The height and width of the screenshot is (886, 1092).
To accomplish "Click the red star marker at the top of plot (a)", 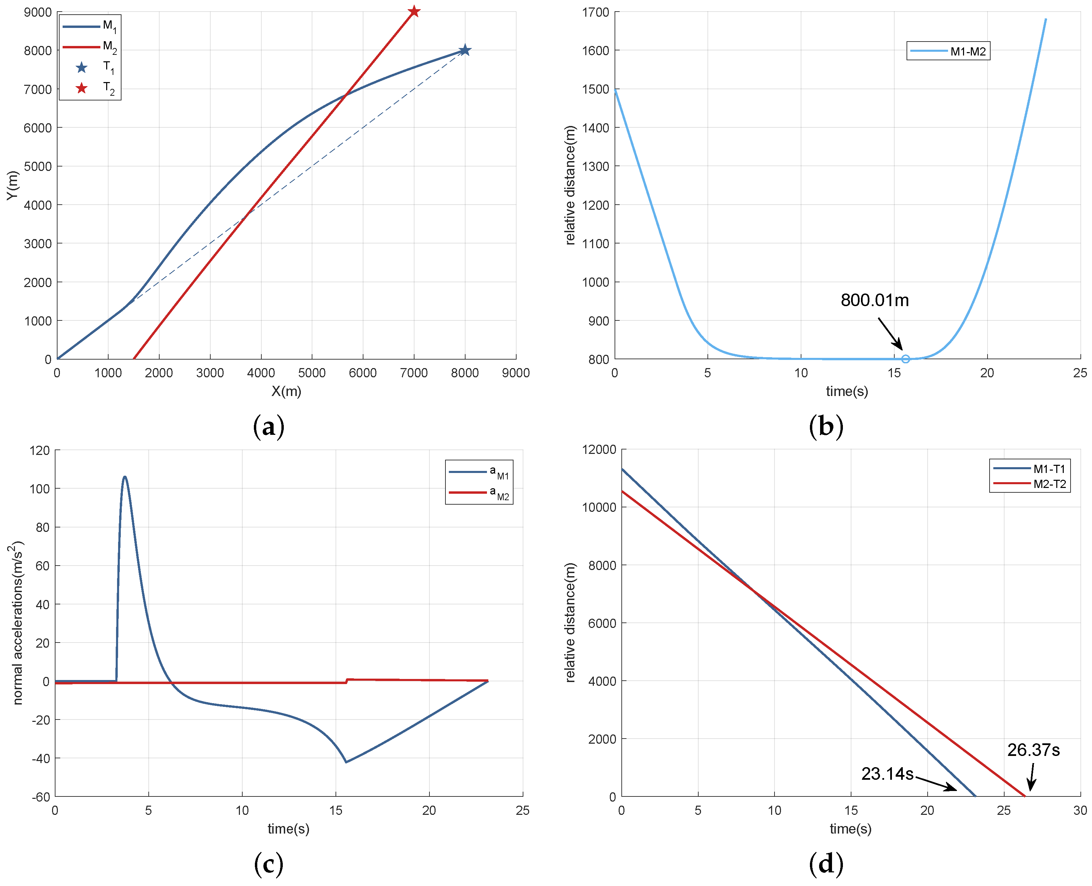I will point(414,11).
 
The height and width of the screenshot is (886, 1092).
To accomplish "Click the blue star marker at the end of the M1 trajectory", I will point(464,50).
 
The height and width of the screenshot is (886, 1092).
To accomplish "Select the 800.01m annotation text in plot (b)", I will point(874,300).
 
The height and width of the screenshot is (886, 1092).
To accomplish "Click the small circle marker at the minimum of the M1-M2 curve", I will point(905,359).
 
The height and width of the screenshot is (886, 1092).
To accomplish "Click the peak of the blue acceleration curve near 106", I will point(125,477).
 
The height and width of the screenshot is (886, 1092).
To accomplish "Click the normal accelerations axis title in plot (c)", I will point(17,623).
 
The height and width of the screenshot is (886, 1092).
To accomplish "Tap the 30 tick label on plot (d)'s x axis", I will point(1079,810).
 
